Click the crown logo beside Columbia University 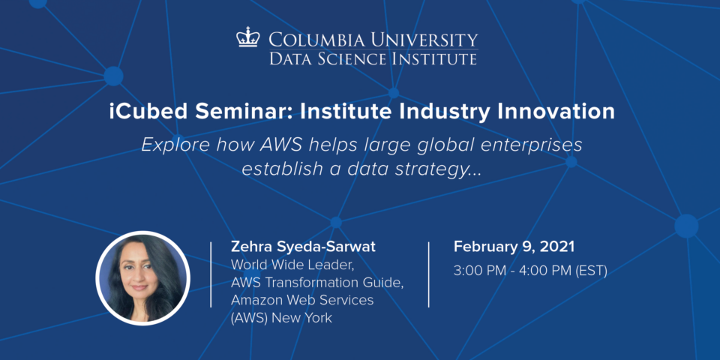pyautogui.click(x=248, y=37)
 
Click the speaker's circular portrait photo pyautogui.click(x=142, y=277)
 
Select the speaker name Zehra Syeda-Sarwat pyautogui.click(x=303, y=247)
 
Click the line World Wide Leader pyautogui.click(x=292, y=265)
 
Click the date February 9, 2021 pyautogui.click(x=514, y=247)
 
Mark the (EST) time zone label pyautogui.click(x=592, y=271)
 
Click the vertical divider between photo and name pyautogui.click(x=211, y=274)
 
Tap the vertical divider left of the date pyautogui.click(x=428, y=274)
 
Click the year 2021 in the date pyautogui.click(x=556, y=247)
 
